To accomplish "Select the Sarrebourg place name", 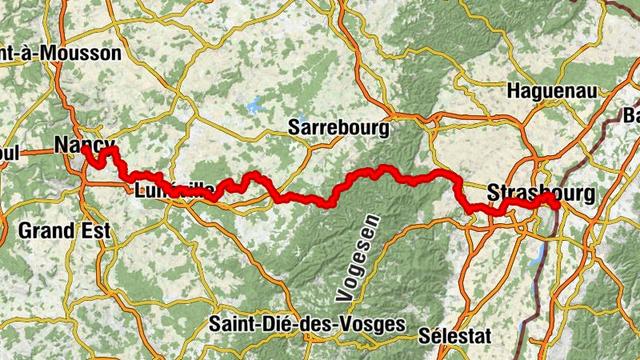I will (x=338, y=126).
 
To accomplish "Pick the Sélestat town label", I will (x=455, y=336).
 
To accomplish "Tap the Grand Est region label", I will (x=64, y=232).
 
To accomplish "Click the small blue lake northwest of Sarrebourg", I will (x=255, y=103).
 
